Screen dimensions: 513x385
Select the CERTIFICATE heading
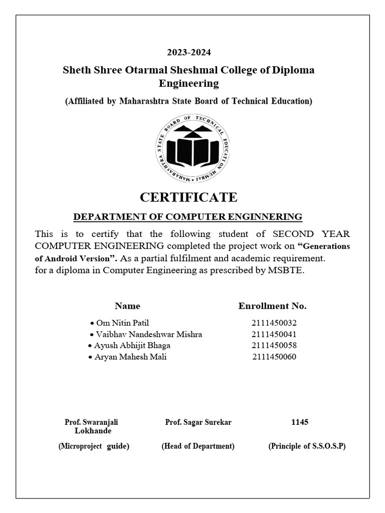coord(188,197)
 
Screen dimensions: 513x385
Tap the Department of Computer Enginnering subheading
coord(188,217)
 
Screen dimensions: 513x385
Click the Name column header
coord(127,306)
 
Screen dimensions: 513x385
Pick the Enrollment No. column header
coord(272,306)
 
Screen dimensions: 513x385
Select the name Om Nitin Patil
coord(119,323)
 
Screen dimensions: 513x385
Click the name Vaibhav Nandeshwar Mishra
coord(146,334)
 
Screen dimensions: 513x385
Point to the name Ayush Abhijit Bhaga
coord(132,346)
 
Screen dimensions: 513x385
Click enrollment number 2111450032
coord(278,323)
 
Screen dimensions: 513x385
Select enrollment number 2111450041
coord(278,334)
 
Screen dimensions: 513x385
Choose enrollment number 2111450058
coord(278,346)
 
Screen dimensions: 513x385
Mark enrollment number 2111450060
coord(278,357)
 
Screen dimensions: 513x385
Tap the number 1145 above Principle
coord(300,422)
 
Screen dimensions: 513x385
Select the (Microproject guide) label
coord(94,446)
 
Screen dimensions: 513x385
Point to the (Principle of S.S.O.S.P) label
coord(307,446)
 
